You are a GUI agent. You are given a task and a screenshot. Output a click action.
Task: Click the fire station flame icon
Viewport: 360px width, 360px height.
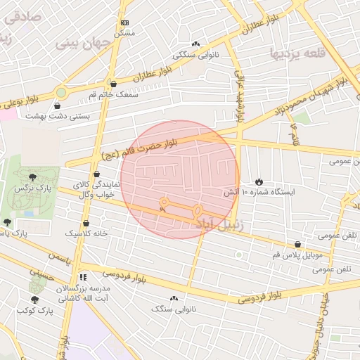(259, 181)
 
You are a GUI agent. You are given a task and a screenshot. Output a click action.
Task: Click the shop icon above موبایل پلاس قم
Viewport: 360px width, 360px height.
(298, 245)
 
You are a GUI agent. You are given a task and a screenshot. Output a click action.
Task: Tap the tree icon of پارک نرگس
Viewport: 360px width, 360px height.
(33, 176)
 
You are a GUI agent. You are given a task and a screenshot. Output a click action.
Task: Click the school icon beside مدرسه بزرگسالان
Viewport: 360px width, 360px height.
(83, 278)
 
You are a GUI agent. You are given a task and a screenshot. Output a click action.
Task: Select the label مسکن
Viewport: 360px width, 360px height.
(124, 32)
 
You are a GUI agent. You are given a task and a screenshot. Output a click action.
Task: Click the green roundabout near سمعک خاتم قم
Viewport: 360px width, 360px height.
(62, 92)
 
